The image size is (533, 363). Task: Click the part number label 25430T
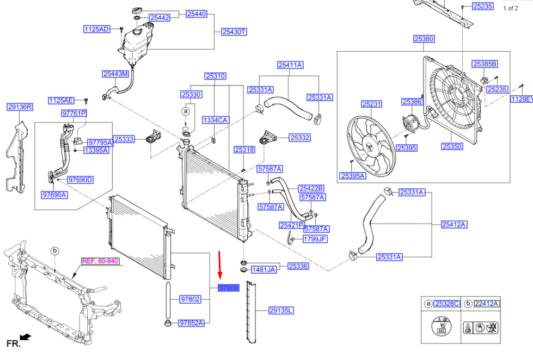point(234,32)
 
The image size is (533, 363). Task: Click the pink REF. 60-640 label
point(100,261)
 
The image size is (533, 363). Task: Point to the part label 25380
point(424,39)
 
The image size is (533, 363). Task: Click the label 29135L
point(281,311)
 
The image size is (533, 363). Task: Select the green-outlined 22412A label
point(487,304)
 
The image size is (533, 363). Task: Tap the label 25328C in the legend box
point(447,304)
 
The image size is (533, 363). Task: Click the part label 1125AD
point(96,29)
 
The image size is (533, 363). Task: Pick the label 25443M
point(115,73)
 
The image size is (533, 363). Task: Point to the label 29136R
point(20,107)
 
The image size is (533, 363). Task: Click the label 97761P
point(74,113)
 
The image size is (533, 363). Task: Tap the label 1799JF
point(315,238)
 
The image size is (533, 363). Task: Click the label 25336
point(298,266)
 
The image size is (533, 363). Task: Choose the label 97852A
point(192,323)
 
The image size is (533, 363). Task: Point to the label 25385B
point(485,64)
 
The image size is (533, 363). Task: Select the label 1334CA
point(215,120)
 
